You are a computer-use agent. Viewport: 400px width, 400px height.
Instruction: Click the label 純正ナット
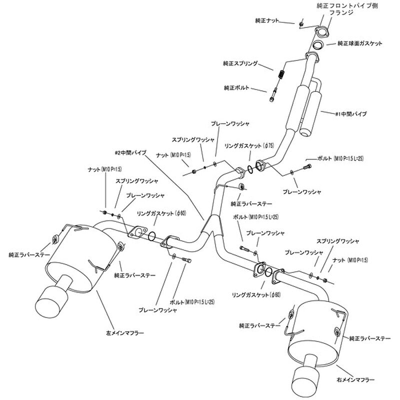point(267,20)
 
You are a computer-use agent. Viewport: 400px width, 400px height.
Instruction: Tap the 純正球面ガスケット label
point(360,43)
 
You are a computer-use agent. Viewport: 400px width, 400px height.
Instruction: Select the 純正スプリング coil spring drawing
point(281,74)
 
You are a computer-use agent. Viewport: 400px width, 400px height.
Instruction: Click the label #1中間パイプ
point(351,114)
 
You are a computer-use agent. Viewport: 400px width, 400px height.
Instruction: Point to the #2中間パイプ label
point(130,153)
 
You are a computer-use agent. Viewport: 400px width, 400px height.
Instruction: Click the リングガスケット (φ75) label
point(249,145)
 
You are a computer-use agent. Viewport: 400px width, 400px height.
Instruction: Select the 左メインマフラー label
point(124,333)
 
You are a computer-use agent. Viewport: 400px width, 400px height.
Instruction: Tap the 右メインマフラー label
point(355,380)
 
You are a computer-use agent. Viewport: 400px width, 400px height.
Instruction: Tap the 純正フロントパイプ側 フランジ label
point(347,9)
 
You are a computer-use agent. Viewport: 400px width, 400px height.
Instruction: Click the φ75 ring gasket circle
point(250,169)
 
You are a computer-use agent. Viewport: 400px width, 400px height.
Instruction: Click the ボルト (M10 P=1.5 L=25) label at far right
point(340,158)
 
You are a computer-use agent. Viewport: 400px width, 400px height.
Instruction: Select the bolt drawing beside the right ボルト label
point(307,166)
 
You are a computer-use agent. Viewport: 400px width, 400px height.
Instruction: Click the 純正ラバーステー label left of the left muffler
point(29,255)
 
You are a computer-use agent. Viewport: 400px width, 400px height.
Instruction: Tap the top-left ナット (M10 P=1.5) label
point(104,169)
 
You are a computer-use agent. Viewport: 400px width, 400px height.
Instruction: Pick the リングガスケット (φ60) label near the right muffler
point(256,295)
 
